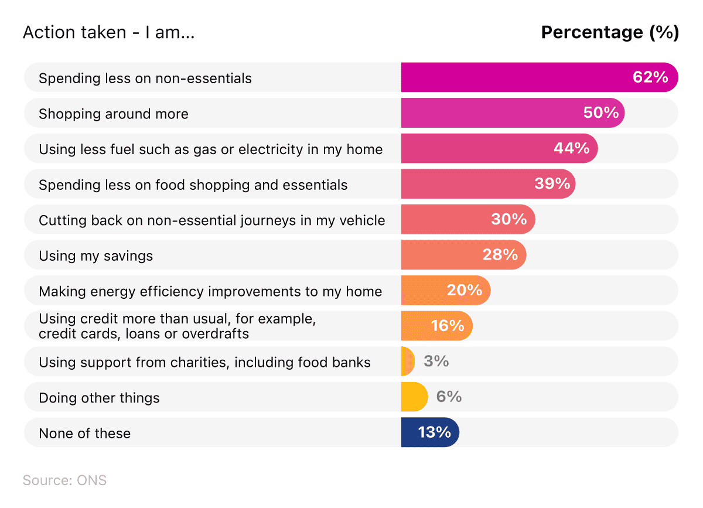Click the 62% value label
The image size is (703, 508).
click(x=650, y=77)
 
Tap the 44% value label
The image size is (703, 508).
click(x=571, y=148)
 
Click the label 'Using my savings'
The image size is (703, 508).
click(x=95, y=255)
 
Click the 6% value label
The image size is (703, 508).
click(x=449, y=397)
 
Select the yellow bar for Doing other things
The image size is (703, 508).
click(x=414, y=397)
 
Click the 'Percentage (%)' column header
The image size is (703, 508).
click(x=609, y=32)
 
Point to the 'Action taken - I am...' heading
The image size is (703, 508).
click(x=108, y=32)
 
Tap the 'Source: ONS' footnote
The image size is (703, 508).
click(x=64, y=480)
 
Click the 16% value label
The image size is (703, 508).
click(x=448, y=326)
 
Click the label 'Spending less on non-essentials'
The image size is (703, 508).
click(x=145, y=78)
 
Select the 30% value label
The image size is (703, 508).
click(x=509, y=219)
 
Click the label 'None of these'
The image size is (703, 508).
click(x=84, y=433)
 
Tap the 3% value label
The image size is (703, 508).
click(x=436, y=361)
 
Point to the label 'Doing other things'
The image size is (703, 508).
click(x=99, y=398)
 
